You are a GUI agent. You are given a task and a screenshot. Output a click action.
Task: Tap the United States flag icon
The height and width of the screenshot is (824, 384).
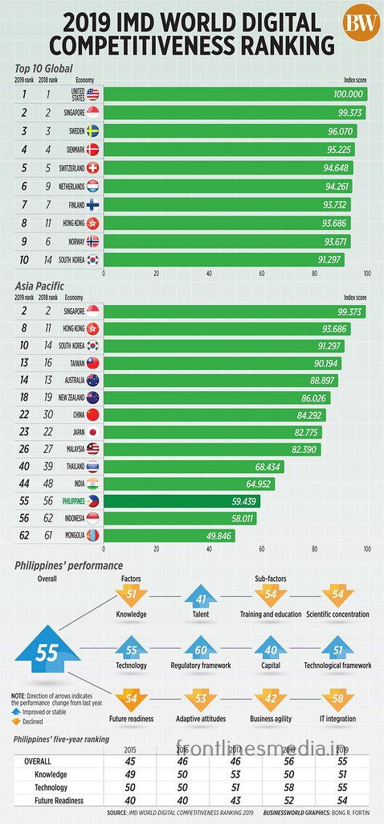[93, 94]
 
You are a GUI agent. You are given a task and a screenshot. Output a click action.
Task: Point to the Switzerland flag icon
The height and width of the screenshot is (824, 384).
[93, 168]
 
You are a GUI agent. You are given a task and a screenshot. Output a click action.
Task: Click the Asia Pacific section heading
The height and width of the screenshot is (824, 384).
[39, 285]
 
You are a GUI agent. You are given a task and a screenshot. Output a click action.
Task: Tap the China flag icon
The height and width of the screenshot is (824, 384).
[93, 415]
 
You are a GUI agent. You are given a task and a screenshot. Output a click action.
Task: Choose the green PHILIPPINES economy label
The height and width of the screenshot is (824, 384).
[68, 501]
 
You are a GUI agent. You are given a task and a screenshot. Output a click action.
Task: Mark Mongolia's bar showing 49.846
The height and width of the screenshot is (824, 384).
[169, 535]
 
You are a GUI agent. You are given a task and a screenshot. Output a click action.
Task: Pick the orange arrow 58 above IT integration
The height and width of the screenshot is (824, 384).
[337, 701]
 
